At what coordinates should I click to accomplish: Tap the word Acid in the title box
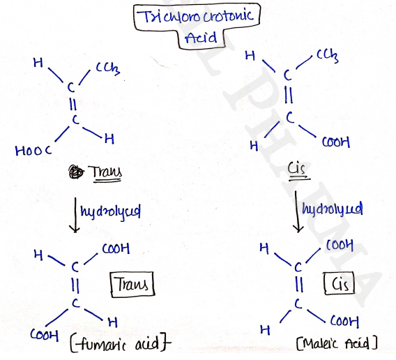[x=201, y=38]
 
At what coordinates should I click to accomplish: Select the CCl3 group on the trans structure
[x=108, y=69]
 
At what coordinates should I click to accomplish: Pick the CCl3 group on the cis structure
[x=328, y=56]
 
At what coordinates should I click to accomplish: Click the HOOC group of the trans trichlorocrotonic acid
[x=33, y=151]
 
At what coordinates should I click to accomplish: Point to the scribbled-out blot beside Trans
[x=76, y=172]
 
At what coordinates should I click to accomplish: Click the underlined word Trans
[x=107, y=172]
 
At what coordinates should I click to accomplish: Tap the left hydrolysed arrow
[x=75, y=215]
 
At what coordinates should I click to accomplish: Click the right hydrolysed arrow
[x=298, y=211]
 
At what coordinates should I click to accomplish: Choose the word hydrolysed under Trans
[x=111, y=211]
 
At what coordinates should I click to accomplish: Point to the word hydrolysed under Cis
[x=333, y=209]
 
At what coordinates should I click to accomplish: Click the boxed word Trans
[x=132, y=284]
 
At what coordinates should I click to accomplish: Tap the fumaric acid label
[x=121, y=344]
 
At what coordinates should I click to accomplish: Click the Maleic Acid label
[x=337, y=343]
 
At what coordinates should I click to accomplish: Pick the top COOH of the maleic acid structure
[x=340, y=245]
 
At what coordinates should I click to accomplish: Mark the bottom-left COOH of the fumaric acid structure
[x=45, y=335]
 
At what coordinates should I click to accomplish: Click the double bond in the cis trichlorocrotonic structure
[x=289, y=96]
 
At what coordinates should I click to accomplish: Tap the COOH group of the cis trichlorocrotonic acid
[x=336, y=142]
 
